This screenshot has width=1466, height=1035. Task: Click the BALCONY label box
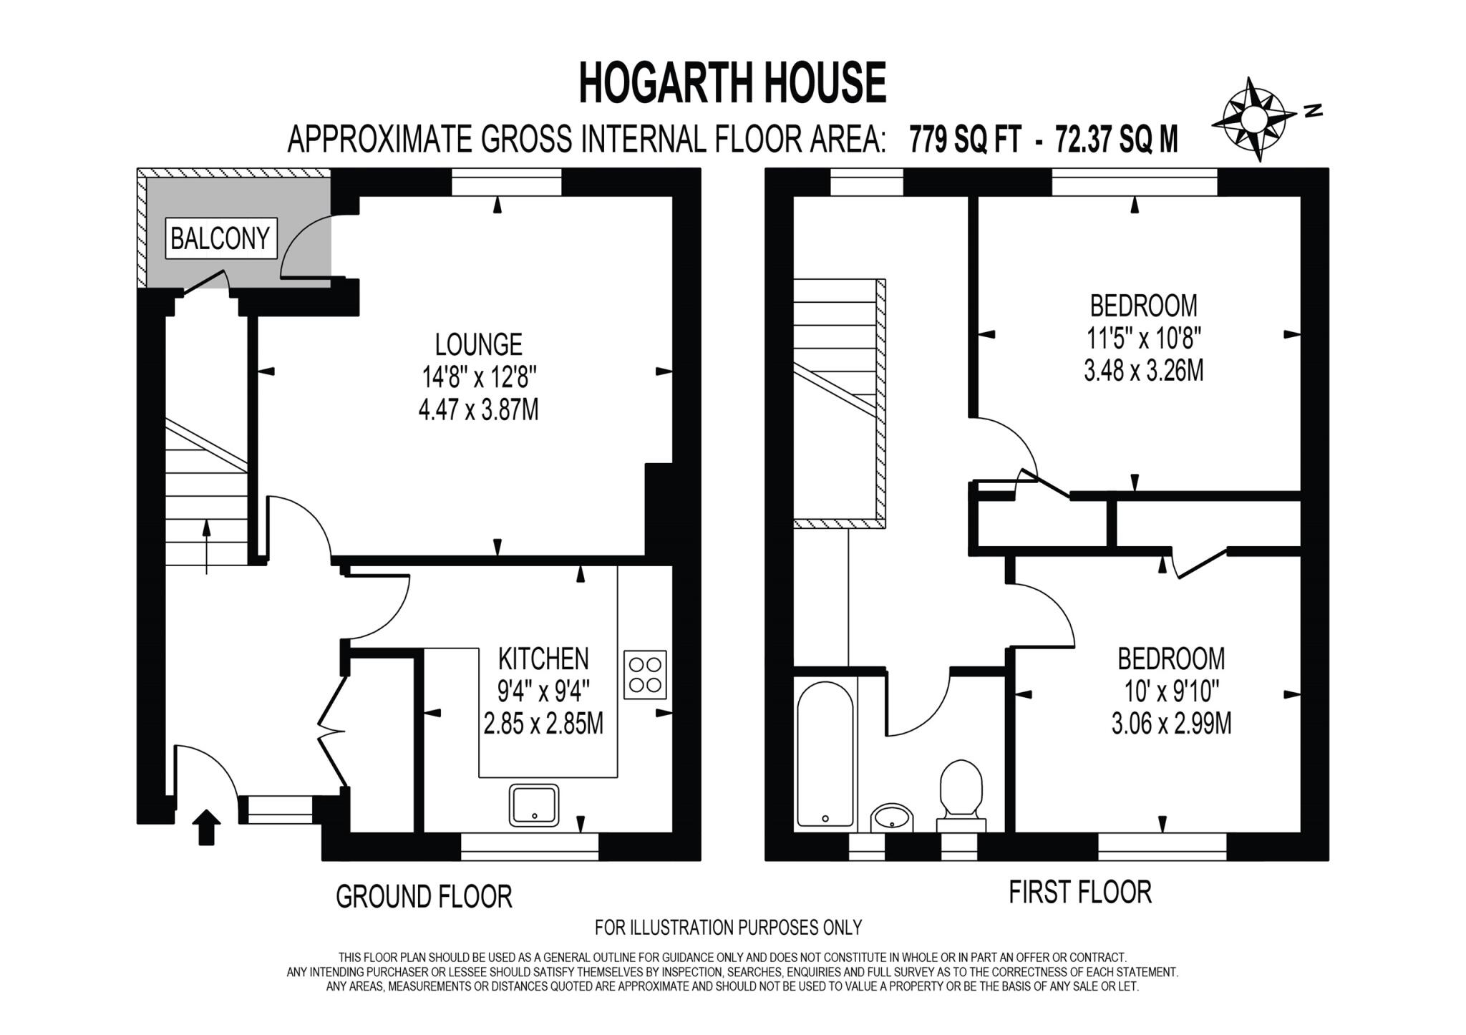(x=220, y=238)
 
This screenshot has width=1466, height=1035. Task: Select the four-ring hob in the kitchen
(x=644, y=674)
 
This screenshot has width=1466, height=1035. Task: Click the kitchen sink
(x=534, y=805)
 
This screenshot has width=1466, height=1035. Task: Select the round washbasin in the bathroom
(x=892, y=817)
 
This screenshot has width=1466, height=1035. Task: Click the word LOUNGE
(x=478, y=345)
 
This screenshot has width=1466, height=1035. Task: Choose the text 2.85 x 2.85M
(x=543, y=724)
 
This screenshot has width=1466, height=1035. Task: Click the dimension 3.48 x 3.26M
(x=1143, y=371)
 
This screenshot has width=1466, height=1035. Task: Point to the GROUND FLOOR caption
(x=424, y=897)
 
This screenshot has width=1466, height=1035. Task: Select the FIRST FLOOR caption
(x=1079, y=893)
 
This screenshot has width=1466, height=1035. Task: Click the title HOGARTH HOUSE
(x=732, y=83)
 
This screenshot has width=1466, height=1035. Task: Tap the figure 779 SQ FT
(x=964, y=140)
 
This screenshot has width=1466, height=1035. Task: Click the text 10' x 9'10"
(x=1171, y=691)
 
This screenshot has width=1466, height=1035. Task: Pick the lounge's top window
(x=507, y=183)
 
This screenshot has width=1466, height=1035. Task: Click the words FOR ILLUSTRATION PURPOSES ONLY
(x=728, y=928)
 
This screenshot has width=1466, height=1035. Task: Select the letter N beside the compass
(x=1313, y=110)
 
